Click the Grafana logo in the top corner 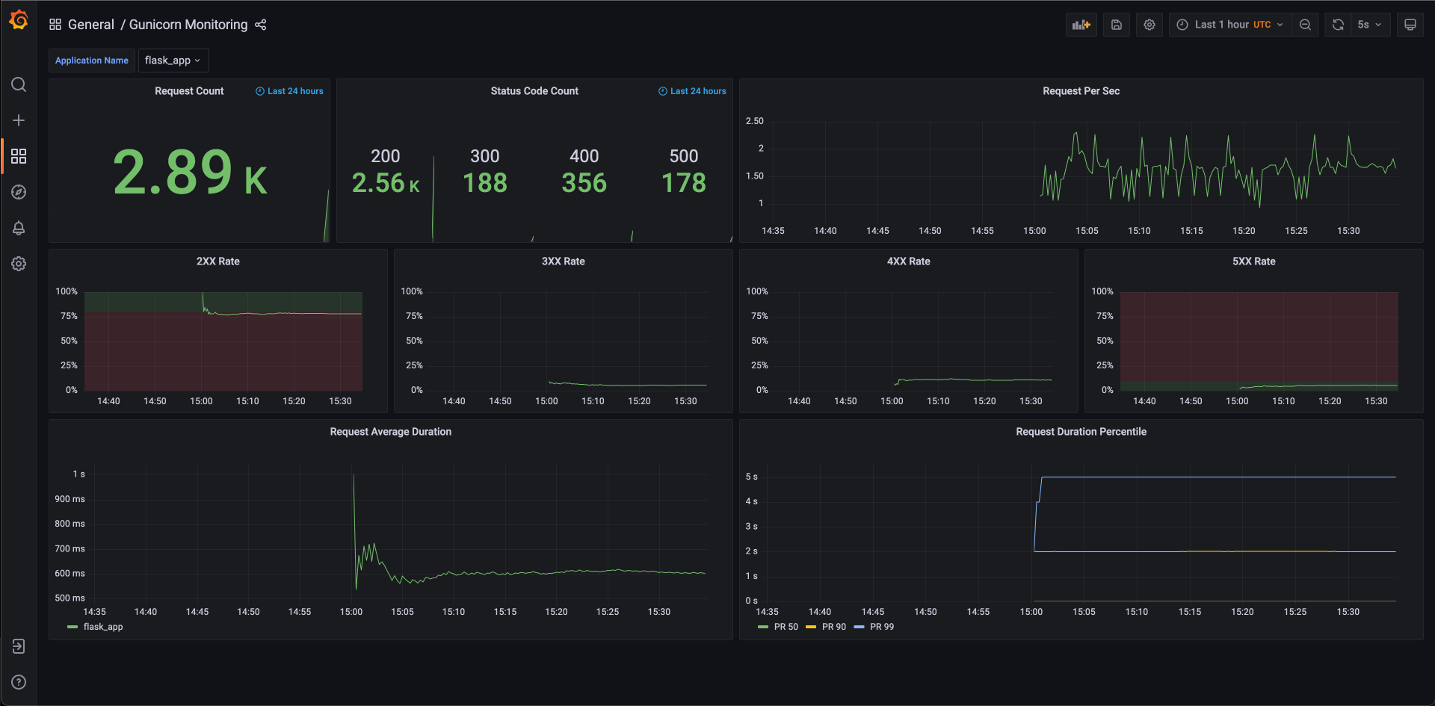[x=19, y=20]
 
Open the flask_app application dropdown [x=173, y=61]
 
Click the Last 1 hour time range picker [x=1229, y=25]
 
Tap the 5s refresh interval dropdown [x=1369, y=25]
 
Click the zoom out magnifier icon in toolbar [x=1305, y=25]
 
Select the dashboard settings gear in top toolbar [x=1149, y=25]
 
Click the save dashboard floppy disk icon [x=1117, y=25]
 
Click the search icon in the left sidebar [x=19, y=84]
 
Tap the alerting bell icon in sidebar [x=19, y=228]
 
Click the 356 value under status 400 [x=584, y=183]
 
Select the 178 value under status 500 [x=684, y=183]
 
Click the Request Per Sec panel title [x=1081, y=91]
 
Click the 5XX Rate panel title [x=1254, y=261]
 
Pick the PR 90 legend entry [x=826, y=627]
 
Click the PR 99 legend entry [x=874, y=627]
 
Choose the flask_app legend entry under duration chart [x=95, y=627]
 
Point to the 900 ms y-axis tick [x=70, y=499]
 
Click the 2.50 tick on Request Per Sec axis [x=755, y=121]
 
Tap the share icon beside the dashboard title [x=260, y=25]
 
